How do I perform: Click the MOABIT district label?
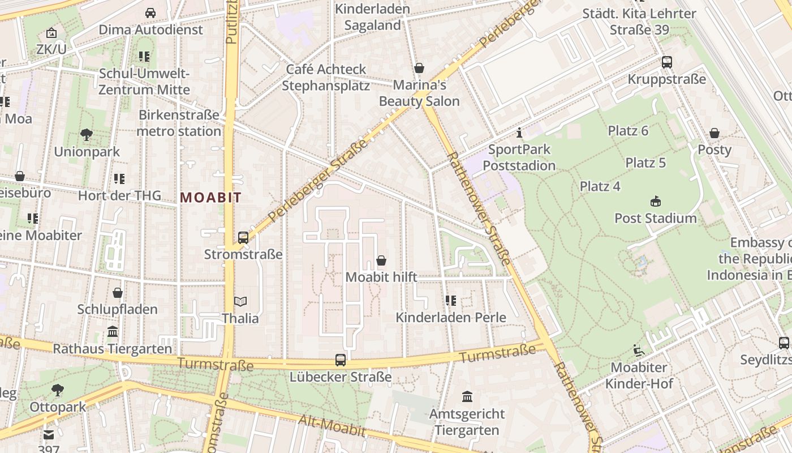coord(210,198)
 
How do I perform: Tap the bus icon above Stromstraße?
coord(243,238)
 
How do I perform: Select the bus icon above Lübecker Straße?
coord(341,360)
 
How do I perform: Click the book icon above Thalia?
coord(240,302)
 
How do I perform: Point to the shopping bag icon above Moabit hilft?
coord(381,260)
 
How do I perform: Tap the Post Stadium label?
coord(655,218)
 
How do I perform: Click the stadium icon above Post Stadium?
coord(656,201)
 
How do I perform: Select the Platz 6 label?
coord(628,131)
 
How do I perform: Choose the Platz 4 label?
coord(600,186)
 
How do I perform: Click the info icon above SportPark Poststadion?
coord(519,133)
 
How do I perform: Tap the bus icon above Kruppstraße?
coord(667,62)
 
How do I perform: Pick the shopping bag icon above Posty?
coord(714,133)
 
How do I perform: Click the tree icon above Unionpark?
coord(87,135)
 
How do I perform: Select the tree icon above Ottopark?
coord(58,390)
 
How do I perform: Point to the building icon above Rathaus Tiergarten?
coord(113,332)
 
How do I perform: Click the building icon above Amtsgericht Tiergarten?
coord(467,396)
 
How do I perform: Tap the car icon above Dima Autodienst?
coord(150,12)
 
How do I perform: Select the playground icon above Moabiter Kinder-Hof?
coord(639,351)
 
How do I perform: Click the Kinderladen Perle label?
coord(450,318)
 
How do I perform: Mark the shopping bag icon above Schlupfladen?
coord(118,293)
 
